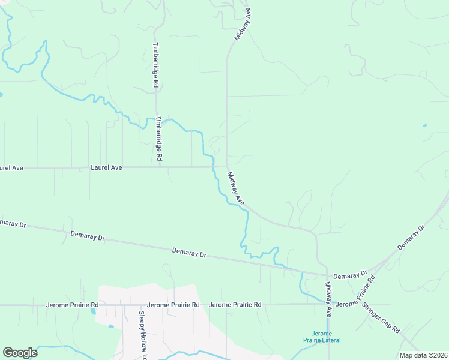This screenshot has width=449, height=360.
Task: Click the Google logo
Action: click(20, 353)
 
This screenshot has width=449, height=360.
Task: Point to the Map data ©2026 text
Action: click(423, 355)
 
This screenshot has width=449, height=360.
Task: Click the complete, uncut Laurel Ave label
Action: click(106, 168)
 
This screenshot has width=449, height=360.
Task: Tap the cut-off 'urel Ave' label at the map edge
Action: click(11, 168)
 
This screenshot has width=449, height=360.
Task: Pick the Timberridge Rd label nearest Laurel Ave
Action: click(160, 138)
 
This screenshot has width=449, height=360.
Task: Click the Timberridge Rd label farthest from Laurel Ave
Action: click(155, 65)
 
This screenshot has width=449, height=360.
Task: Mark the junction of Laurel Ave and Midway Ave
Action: click(227, 166)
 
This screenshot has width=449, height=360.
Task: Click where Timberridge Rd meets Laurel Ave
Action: click(159, 167)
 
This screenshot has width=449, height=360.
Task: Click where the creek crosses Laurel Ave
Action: click(212, 167)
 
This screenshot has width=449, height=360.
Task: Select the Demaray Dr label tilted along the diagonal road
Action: click(412, 238)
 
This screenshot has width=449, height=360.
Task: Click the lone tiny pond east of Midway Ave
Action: click(424, 125)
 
